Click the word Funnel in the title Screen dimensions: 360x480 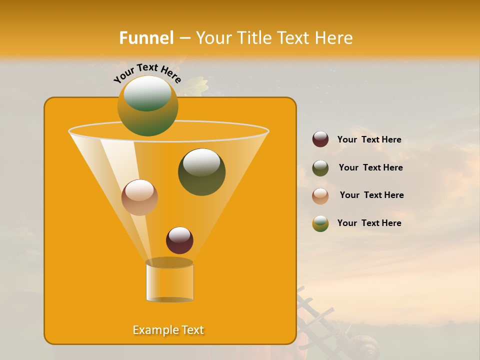tap(146, 38)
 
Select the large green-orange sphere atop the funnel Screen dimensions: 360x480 tap(147, 105)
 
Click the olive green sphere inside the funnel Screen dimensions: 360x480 tap(201, 172)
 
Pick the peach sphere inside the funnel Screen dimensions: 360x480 tap(139, 197)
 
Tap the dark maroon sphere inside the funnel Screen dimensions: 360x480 tap(179, 240)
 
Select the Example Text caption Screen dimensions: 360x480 tap(168, 330)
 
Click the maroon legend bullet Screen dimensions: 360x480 tap(320, 139)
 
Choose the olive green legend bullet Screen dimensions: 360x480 tap(320, 168)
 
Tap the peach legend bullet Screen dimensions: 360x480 tap(320, 195)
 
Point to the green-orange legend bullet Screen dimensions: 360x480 tap(320, 223)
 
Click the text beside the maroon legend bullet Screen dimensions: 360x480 tap(369, 139)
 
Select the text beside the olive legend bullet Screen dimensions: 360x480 tap(370, 167)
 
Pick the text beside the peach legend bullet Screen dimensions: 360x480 tap(371, 195)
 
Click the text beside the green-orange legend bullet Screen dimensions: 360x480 tap(369, 223)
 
